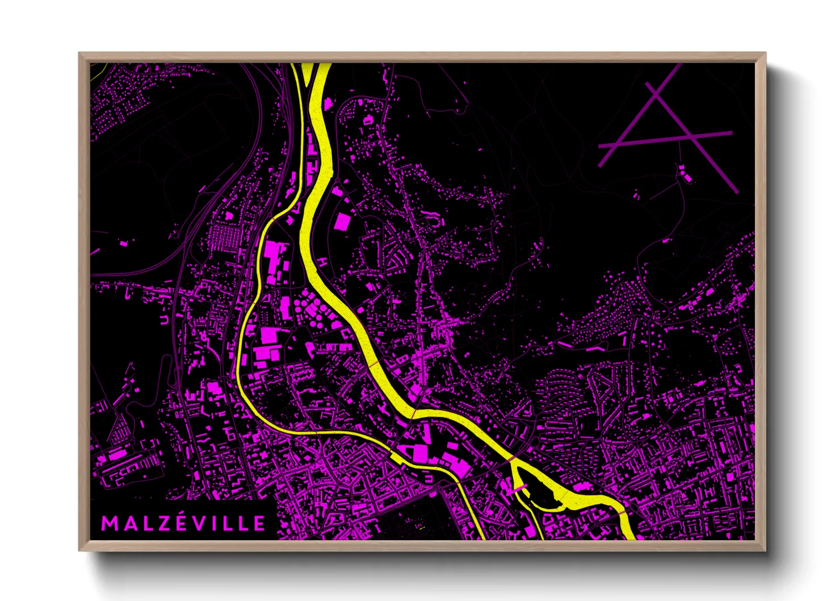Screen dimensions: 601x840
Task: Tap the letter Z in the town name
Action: [x=165, y=523]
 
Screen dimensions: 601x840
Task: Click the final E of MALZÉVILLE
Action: [x=259, y=523]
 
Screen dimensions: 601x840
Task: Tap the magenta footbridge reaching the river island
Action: [x=519, y=488]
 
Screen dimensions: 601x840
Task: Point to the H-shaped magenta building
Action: [x=323, y=262]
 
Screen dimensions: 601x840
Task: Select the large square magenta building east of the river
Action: [x=342, y=221]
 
